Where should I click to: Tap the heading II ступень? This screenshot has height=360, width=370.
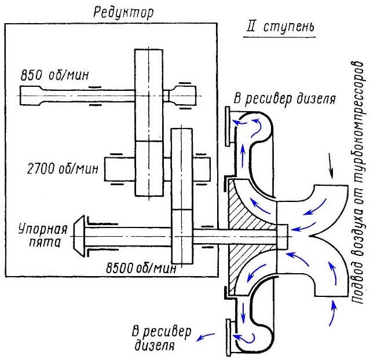pyautogui.click(x=279, y=28)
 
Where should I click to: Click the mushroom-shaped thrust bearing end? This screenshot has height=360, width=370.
pyautogui.click(x=82, y=235)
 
